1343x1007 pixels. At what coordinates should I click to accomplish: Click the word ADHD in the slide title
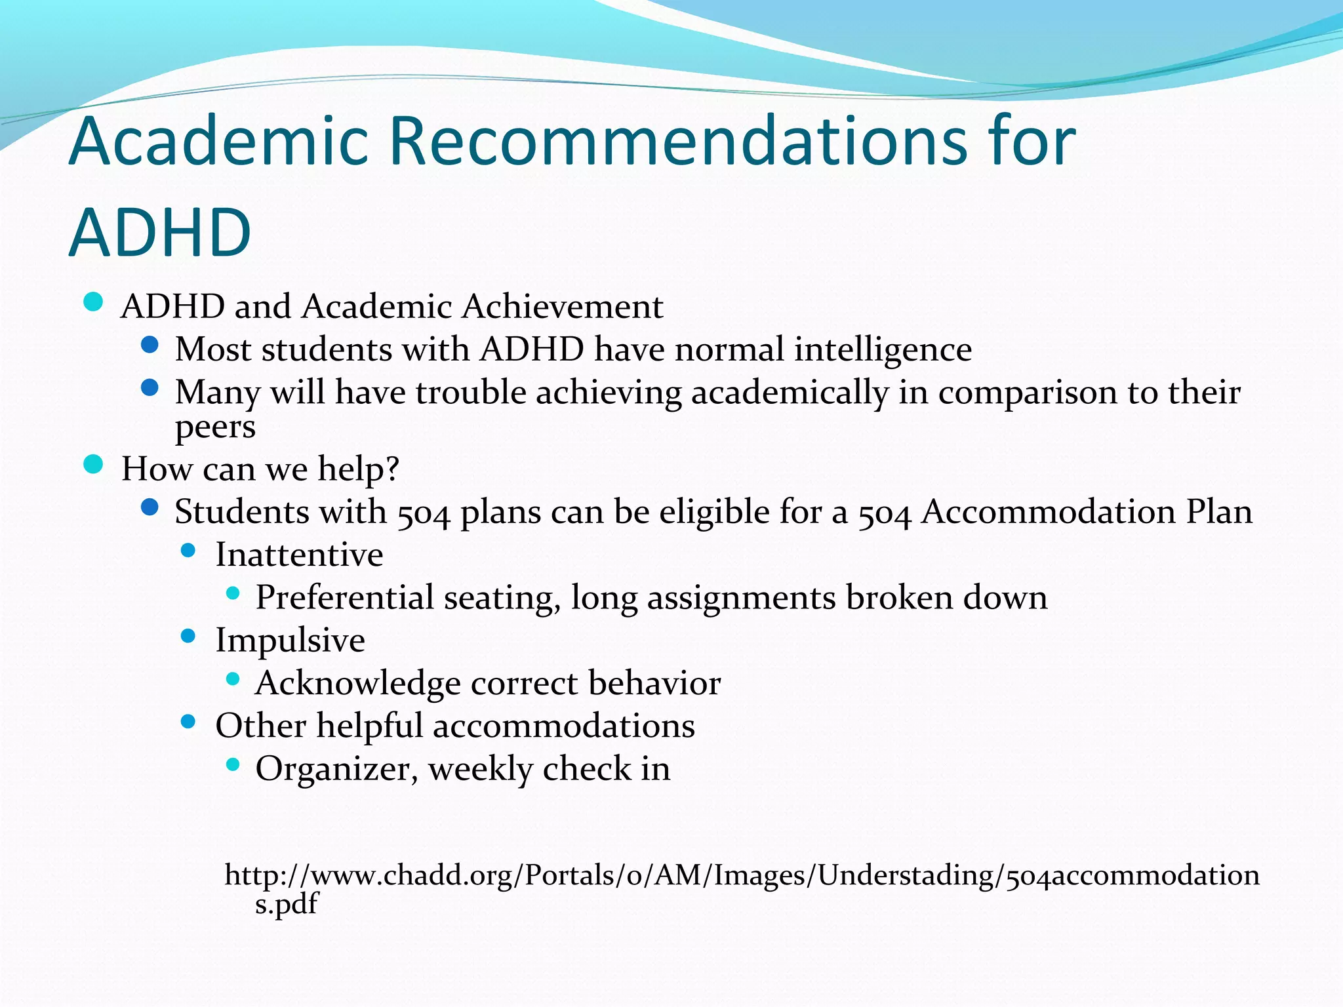(160, 233)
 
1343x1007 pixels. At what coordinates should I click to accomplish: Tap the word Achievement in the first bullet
(562, 306)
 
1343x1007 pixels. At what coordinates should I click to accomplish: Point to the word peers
(215, 427)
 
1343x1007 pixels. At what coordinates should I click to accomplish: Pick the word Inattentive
(299, 555)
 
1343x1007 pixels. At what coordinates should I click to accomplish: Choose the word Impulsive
(290, 641)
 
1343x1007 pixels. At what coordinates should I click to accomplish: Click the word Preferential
(344, 598)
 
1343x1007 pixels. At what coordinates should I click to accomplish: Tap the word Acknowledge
(358, 684)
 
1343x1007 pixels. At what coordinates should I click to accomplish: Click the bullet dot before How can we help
(94, 465)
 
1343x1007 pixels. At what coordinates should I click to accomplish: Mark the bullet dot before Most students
(150, 345)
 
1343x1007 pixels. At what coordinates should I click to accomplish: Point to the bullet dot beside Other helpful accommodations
(188, 722)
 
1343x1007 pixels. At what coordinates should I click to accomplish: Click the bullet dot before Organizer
(233, 764)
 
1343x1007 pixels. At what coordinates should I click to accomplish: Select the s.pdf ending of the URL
(286, 904)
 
